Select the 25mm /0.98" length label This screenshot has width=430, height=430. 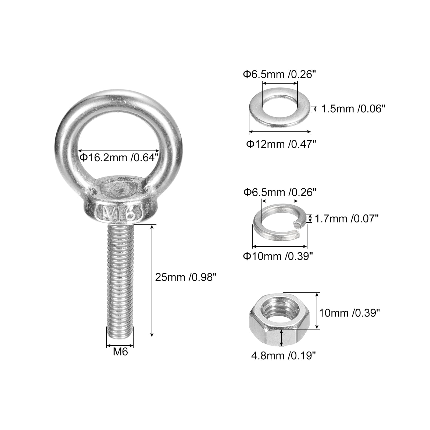click(x=186, y=277)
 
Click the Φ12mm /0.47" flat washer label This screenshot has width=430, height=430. click(x=281, y=144)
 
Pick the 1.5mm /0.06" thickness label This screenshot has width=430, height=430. click(x=353, y=109)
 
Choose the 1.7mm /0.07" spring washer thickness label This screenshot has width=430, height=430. click(x=346, y=219)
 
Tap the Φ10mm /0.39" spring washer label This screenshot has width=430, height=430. click(x=278, y=256)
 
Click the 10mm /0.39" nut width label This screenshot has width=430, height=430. click(x=349, y=313)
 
